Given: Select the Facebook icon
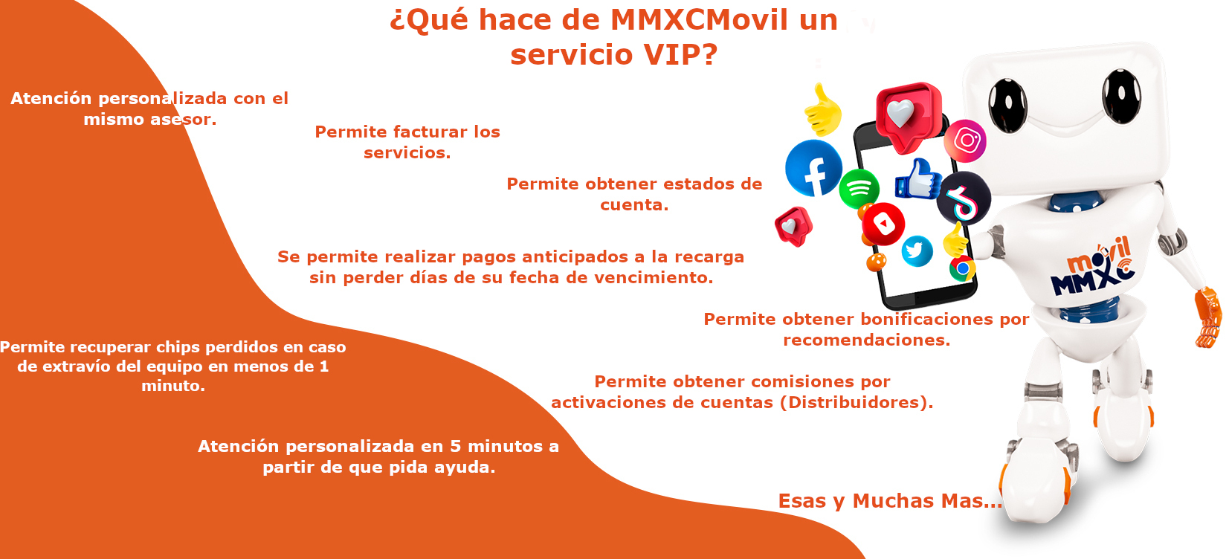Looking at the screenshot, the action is click(x=813, y=168).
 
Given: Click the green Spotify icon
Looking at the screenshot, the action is click(x=859, y=189).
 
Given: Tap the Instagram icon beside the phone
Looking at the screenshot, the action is click(x=965, y=141).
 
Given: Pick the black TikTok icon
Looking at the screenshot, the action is click(x=964, y=198).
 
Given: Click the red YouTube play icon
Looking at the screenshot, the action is click(x=883, y=224).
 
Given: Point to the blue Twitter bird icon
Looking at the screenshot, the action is click(x=917, y=251).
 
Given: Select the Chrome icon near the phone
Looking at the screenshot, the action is click(x=962, y=269).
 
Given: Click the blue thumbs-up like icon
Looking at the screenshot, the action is click(x=918, y=179).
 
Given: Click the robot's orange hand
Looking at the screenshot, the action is click(x=1208, y=317).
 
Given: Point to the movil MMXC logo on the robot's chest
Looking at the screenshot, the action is click(x=1092, y=267).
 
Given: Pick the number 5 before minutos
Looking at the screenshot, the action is click(x=455, y=447).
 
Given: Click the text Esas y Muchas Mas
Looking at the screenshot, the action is click(x=890, y=501).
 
